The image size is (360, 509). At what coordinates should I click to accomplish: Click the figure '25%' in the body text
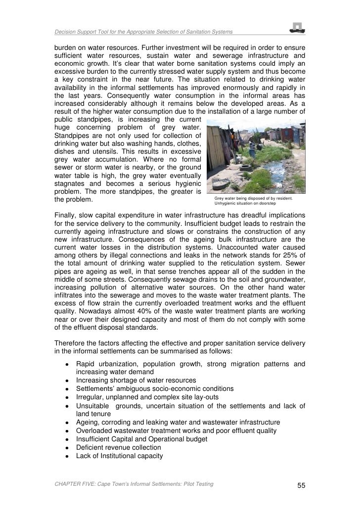296,259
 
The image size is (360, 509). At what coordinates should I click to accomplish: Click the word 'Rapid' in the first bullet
86,364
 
